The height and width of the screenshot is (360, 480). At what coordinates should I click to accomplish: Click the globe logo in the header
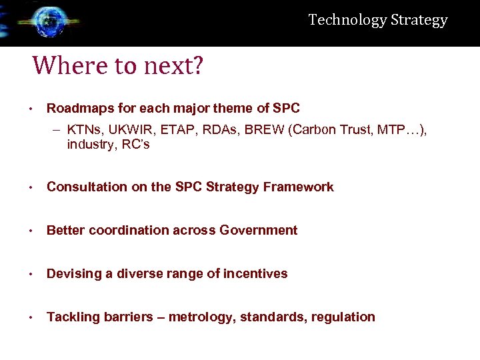(45, 22)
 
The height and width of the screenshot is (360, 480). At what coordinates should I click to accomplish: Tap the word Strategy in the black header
(419, 21)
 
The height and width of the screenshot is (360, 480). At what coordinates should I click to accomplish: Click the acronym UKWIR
(126, 130)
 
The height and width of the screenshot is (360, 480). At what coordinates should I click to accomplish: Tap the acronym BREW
(264, 130)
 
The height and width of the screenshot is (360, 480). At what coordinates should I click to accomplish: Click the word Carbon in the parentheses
(309, 130)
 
